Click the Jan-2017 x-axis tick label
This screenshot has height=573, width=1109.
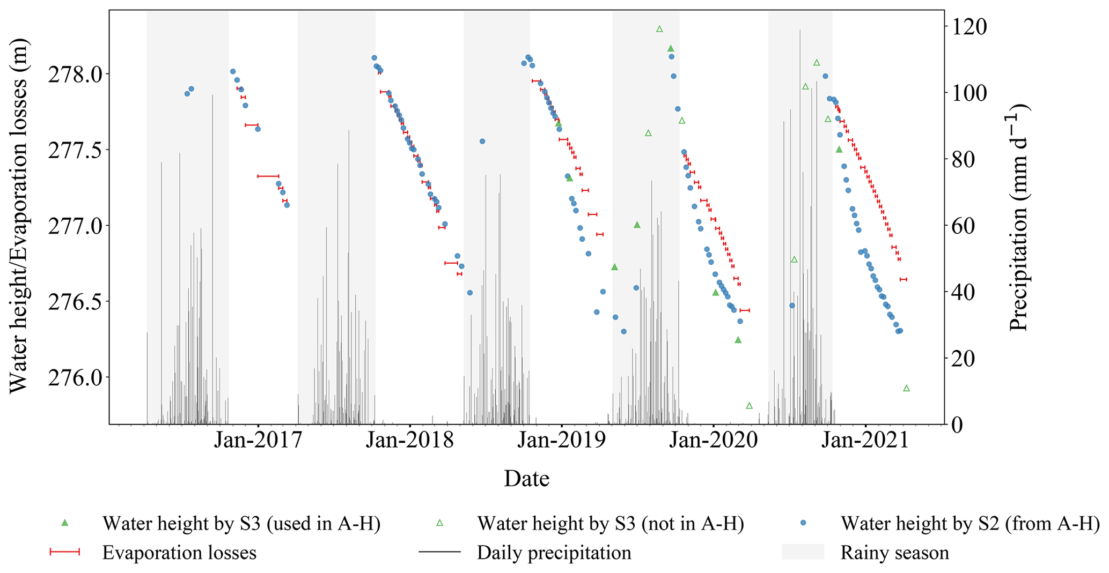pyautogui.click(x=258, y=440)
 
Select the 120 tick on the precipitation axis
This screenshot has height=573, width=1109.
pyautogui.click(x=969, y=26)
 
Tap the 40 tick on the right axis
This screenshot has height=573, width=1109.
pyautogui.click(x=963, y=292)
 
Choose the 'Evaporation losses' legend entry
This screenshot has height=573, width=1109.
pyautogui.click(x=179, y=553)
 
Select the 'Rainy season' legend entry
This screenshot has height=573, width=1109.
pyautogui.click(x=894, y=553)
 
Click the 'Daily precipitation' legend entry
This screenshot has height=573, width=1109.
pyautogui.click(x=554, y=553)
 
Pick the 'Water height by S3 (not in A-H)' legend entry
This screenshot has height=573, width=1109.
pyautogui.click(x=611, y=523)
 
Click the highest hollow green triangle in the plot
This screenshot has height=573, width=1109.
pyautogui.click(x=659, y=29)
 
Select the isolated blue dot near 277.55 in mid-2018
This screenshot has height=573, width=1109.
pyautogui.click(x=482, y=142)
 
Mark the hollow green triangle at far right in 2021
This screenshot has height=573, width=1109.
pyautogui.click(x=906, y=388)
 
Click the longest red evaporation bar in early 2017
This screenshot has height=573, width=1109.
pyautogui.click(x=268, y=176)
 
